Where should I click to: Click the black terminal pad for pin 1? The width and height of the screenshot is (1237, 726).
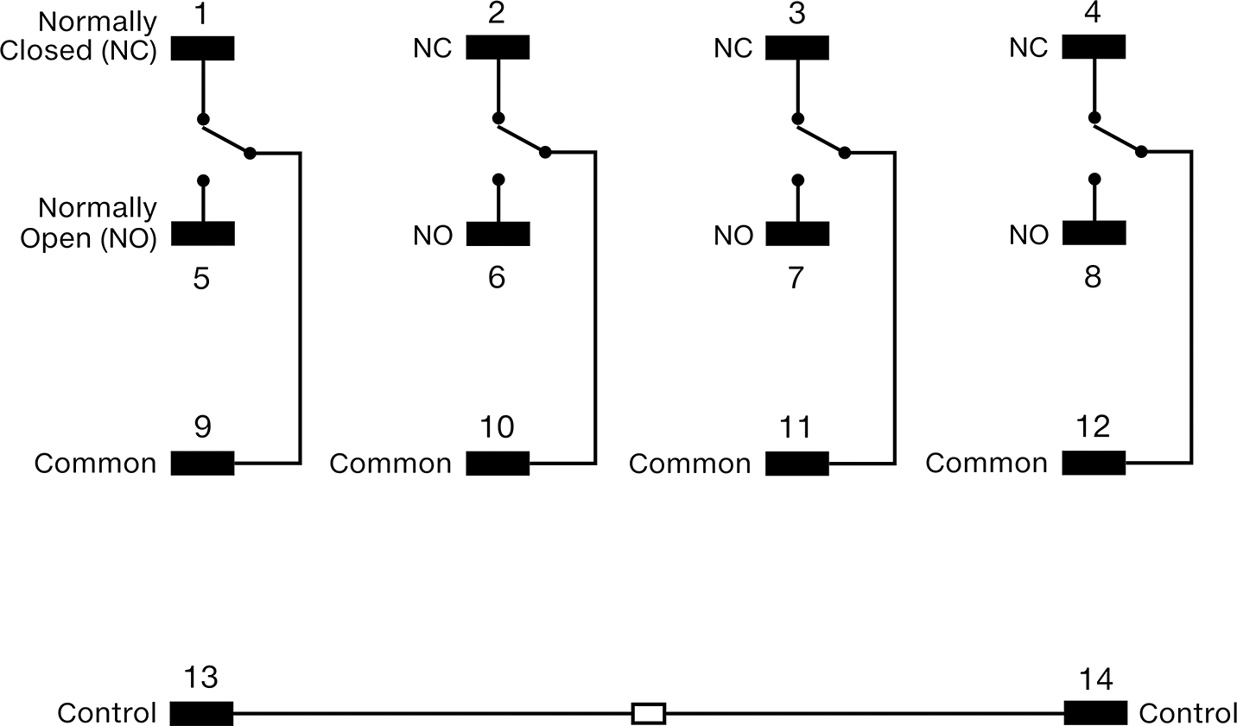tap(203, 48)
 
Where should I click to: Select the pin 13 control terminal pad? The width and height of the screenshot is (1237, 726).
tap(201, 713)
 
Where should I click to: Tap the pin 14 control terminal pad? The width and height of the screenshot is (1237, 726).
tap(1095, 713)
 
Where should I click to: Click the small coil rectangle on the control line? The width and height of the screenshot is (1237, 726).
tap(649, 713)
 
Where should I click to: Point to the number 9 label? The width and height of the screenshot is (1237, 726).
tap(203, 427)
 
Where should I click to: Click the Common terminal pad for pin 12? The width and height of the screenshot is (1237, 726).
tap(1094, 463)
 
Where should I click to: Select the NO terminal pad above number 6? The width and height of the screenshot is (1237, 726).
tap(498, 234)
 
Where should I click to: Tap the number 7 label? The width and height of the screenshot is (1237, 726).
tap(796, 277)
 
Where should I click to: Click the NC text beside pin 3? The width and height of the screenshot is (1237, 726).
tap(733, 48)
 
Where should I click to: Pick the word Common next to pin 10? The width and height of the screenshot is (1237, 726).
tap(390, 464)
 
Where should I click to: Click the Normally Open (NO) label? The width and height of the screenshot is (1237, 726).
tap(89, 223)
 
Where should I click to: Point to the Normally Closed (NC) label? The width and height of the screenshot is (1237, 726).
tap(79, 36)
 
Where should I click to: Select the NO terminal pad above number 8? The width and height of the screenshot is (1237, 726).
tap(1094, 233)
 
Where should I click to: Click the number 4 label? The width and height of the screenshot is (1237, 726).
tap(1093, 12)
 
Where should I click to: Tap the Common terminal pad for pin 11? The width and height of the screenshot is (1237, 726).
tap(797, 464)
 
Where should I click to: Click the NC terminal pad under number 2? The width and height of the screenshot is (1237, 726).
tap(498, 47)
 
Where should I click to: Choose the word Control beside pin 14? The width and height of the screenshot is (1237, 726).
tap(1187, 713)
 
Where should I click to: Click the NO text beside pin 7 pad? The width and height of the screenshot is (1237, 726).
tap(733, 236)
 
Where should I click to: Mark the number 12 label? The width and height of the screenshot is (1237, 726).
tap(1094, 426)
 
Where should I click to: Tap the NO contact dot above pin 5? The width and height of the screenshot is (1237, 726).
tap(203, 180)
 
